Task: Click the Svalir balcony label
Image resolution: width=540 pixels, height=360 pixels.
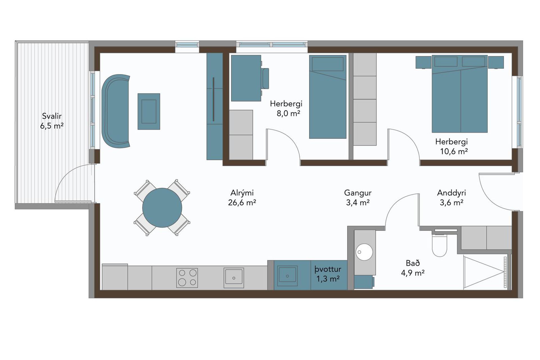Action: pyautogui.click(x=52, y=121)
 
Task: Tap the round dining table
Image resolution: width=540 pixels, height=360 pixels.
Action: pyautogui.click(x=162, y=208)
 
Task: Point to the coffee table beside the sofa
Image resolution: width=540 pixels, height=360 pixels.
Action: pyautogui.click(x=149, y=111)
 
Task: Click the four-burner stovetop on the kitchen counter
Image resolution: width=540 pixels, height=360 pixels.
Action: pyautogui.click(x=187, y=278)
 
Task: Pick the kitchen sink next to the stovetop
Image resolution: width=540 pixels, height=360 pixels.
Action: pyautogui.click(x=234, y=278)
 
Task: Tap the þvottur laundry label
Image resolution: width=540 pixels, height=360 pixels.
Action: pyautogui.click(x=328, y=274)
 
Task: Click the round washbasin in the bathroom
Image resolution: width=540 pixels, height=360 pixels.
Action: pyautogui.click(x=364, y=252)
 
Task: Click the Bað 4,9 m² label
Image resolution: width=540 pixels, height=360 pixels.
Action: pyautogui.click(x=413, y=268)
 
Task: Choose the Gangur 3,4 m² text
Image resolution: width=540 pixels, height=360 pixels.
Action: pyautogui.click(x=358, y=197)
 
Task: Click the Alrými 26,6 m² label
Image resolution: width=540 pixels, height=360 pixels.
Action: pyautogui.click(x=242, y=197)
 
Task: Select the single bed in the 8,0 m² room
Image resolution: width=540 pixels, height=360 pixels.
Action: pyautogui.click(x=328, y=97)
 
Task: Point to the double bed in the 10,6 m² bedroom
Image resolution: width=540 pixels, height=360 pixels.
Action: pyautogui.click(x=460, y=94)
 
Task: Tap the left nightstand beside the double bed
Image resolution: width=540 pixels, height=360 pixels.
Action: pyautogui.click(x=424, y=62)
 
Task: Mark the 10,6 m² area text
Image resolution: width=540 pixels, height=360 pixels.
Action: pyautogui.click(x=454, y=151)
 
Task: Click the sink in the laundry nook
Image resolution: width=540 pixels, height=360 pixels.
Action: pyautogui.click(x=287, y=276)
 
